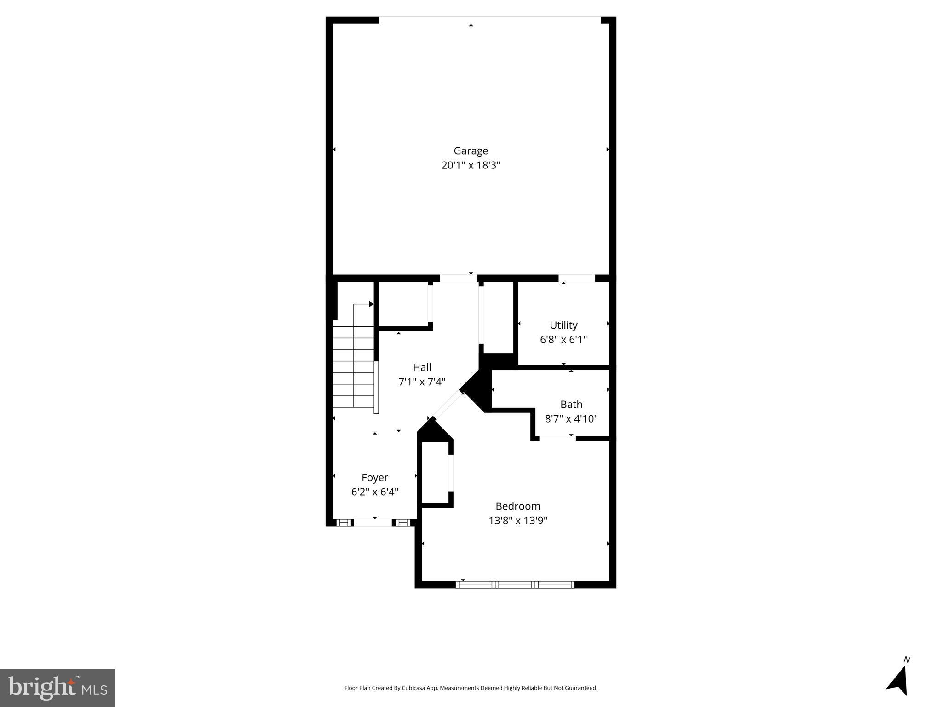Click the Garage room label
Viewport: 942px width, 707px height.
(471, 151)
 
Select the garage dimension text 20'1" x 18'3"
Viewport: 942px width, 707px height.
(471, 165)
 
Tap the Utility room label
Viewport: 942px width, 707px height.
(563, 325)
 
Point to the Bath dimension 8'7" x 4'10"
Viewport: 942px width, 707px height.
(571, 419)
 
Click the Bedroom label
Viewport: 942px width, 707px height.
(517, 506)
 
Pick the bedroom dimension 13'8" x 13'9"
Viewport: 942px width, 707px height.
(517, 521)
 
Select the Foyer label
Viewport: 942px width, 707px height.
(374, 477)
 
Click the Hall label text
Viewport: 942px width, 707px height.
(422, 367)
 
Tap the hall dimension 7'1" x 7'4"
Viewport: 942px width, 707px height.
(422, 382)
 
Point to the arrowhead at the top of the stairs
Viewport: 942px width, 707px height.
(371, 304)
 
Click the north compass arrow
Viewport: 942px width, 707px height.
(898, 680)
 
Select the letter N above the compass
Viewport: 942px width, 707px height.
(907, 660)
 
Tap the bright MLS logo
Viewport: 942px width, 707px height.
(57, 688)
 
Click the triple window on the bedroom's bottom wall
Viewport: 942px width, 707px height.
(515, 585)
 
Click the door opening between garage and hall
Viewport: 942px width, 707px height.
(458, 278)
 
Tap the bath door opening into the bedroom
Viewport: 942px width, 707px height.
(557, 438)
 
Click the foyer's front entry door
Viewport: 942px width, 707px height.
(373, 522)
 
